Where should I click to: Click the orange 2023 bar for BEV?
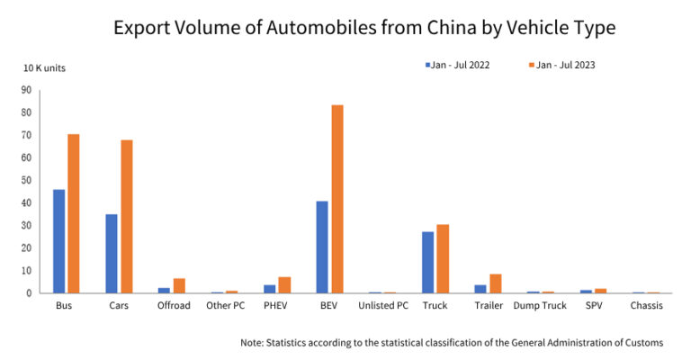pos(337,199)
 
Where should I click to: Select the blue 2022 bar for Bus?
pos(58,241)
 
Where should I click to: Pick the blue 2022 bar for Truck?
pos(428,262)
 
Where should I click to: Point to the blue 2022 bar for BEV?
pos(322,247)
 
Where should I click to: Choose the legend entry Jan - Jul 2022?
pos(458,66)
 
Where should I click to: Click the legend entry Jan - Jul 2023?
pos(563,66)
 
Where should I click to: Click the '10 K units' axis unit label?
pos(44,68)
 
